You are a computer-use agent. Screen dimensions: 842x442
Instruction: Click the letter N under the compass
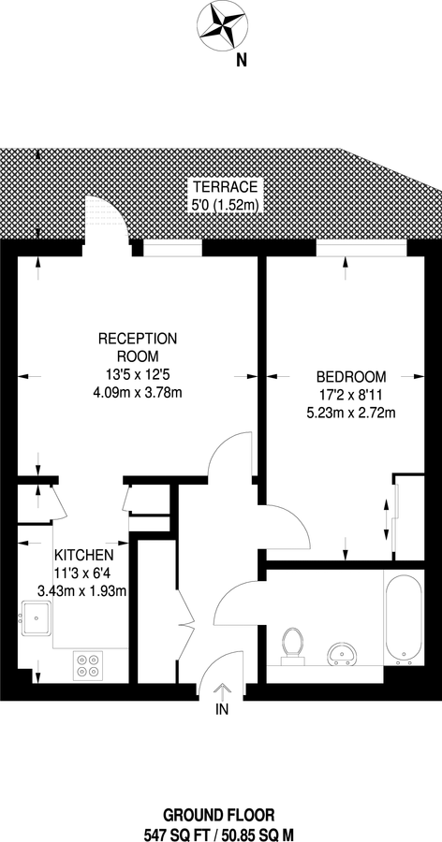(x=241, y=62)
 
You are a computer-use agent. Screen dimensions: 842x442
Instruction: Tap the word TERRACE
(x=221, y=185)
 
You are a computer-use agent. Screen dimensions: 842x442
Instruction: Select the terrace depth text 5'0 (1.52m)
(x=221, y=203)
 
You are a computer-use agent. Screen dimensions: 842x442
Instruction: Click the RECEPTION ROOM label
(x=138, y=347)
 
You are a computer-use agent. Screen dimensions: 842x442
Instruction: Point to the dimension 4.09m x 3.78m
(x=138, y=393)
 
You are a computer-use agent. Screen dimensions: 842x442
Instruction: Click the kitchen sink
(x=38, y=618)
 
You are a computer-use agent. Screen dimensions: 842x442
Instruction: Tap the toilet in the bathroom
(x=294, y=644)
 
